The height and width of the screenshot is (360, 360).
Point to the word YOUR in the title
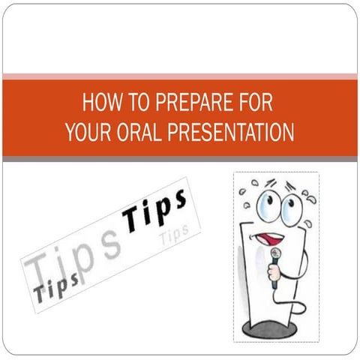point(87,132)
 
